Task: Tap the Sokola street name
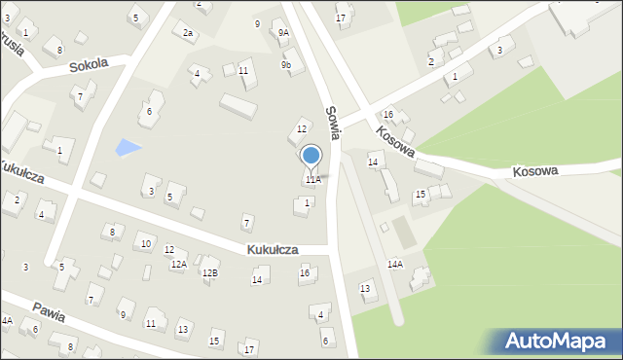click(89, 66)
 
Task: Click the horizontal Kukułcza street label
click(273, 250)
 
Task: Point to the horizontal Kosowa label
click(535, 170)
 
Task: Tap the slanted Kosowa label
click(396, 142)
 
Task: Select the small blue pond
click(128, 148)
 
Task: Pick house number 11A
click(312, 180)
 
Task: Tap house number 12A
click(178, 265)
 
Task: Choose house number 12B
click(210, 273)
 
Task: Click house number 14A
click(394, 264)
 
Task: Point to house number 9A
click(283, 32)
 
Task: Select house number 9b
click(286, 65)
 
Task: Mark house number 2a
click(188, 33)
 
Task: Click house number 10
click(145, 243)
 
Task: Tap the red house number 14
click(373, 162)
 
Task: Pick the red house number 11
click(243, 71)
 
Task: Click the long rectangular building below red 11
click(238, 106)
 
